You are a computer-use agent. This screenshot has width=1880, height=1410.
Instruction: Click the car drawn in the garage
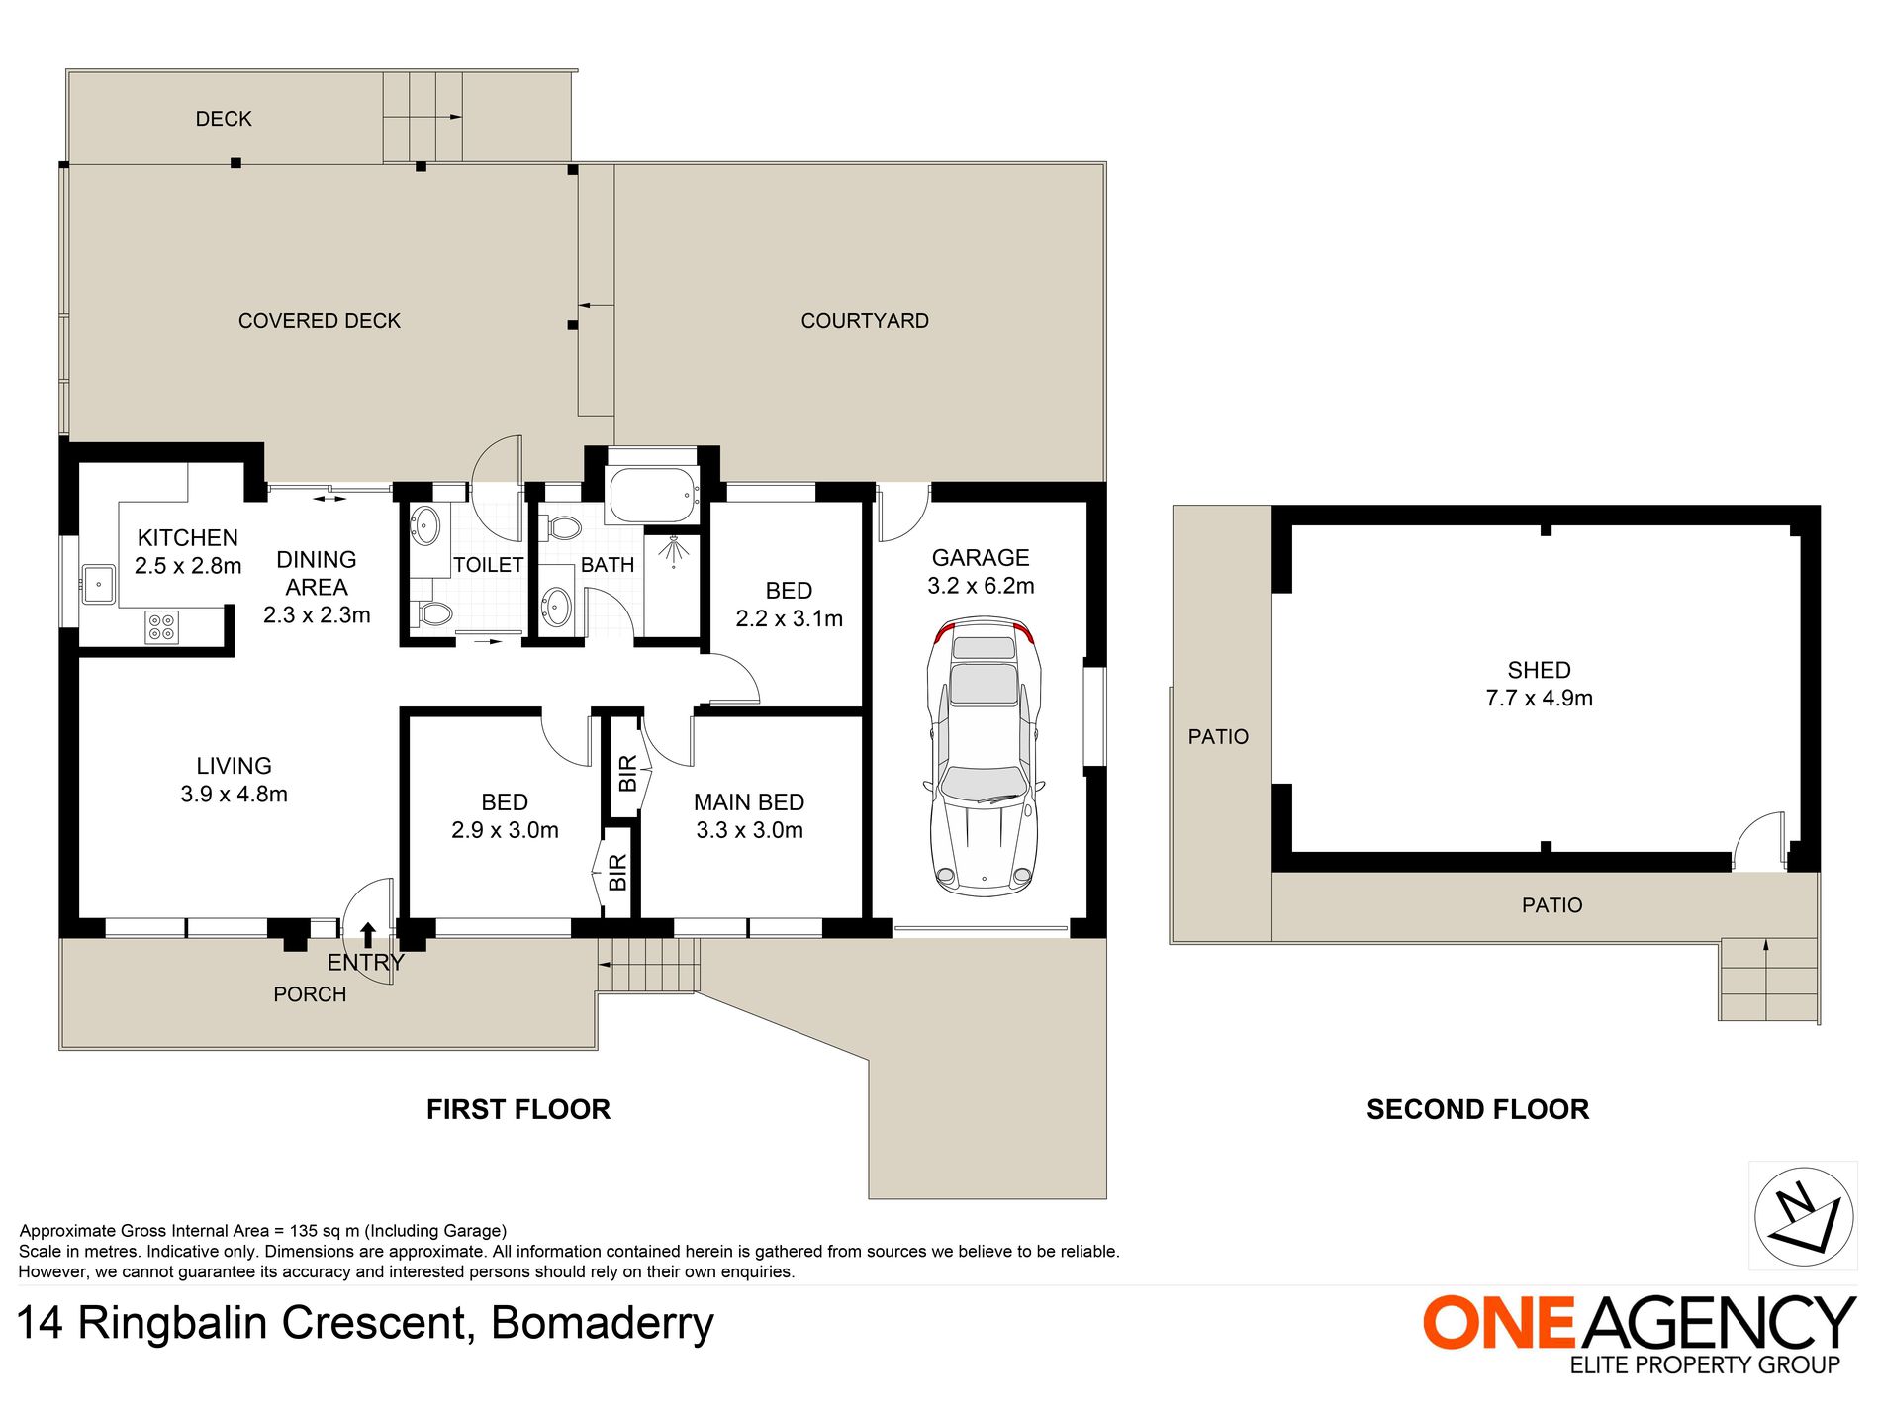[x=984, y=757]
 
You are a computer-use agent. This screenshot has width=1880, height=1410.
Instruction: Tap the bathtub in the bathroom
[x=652, y=495]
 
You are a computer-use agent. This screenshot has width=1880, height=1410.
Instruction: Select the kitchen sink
[x=99, y=584]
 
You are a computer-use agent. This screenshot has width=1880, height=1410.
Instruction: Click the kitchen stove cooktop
[x=162, y=627]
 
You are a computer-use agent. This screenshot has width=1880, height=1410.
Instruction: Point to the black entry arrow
[x=367, y=935]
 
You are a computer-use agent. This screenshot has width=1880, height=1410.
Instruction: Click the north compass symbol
[x=1803, y=1217]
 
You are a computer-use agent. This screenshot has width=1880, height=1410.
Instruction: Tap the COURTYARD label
[x=865, y=321]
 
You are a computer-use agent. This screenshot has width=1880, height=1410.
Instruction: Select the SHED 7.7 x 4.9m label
[x=1539, y=684]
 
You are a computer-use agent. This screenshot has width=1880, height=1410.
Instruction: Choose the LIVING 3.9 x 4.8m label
[x=234, y=780]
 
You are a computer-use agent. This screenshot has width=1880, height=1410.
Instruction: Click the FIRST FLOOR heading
[x=518, y=1109]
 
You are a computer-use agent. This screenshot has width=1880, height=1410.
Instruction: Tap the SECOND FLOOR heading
[x=1477, y=1109]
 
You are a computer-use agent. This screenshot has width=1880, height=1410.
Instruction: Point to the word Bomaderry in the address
[x=603, y=1323]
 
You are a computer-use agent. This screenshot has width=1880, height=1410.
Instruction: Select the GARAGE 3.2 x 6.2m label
[x=981, y=572]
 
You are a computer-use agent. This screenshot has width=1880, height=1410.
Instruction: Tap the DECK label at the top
[x=224, y=119]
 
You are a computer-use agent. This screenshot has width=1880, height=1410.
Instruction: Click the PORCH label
[x=310, y=994]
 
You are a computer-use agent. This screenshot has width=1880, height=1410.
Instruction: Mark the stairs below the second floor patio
[x=1768, y=979]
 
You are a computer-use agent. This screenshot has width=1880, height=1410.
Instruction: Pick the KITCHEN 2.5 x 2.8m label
[x=188, y=552]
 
